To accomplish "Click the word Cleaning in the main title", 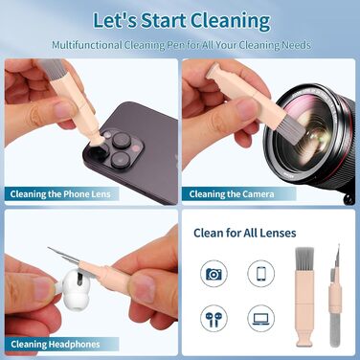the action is pyautogui.click(x=231, y=21).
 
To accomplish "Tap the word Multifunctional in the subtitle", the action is pyautogui.click(x=87, y=45).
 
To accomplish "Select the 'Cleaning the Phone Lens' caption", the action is pyautogui.click(x=60, y=194).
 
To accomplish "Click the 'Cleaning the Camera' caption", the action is pyautogui.click(x=232, y=194).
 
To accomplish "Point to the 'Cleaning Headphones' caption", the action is pyautogui.click(x=56, y=345).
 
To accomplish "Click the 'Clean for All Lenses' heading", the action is pyautogui.click(x=245, y=233).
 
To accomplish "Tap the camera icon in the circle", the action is pyautogui.click(x=214, y=274).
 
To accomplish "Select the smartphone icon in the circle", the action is pyautogui.click(x=261, y=274).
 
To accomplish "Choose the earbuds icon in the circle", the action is pyautogui.click(x=214, y=318).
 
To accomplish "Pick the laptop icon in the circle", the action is pyautogui.click(x=261, y=318).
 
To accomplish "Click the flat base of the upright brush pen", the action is pyautogui.click(x=304, y=341).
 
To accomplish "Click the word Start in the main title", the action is pyautogui.click(x=164, y=21).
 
